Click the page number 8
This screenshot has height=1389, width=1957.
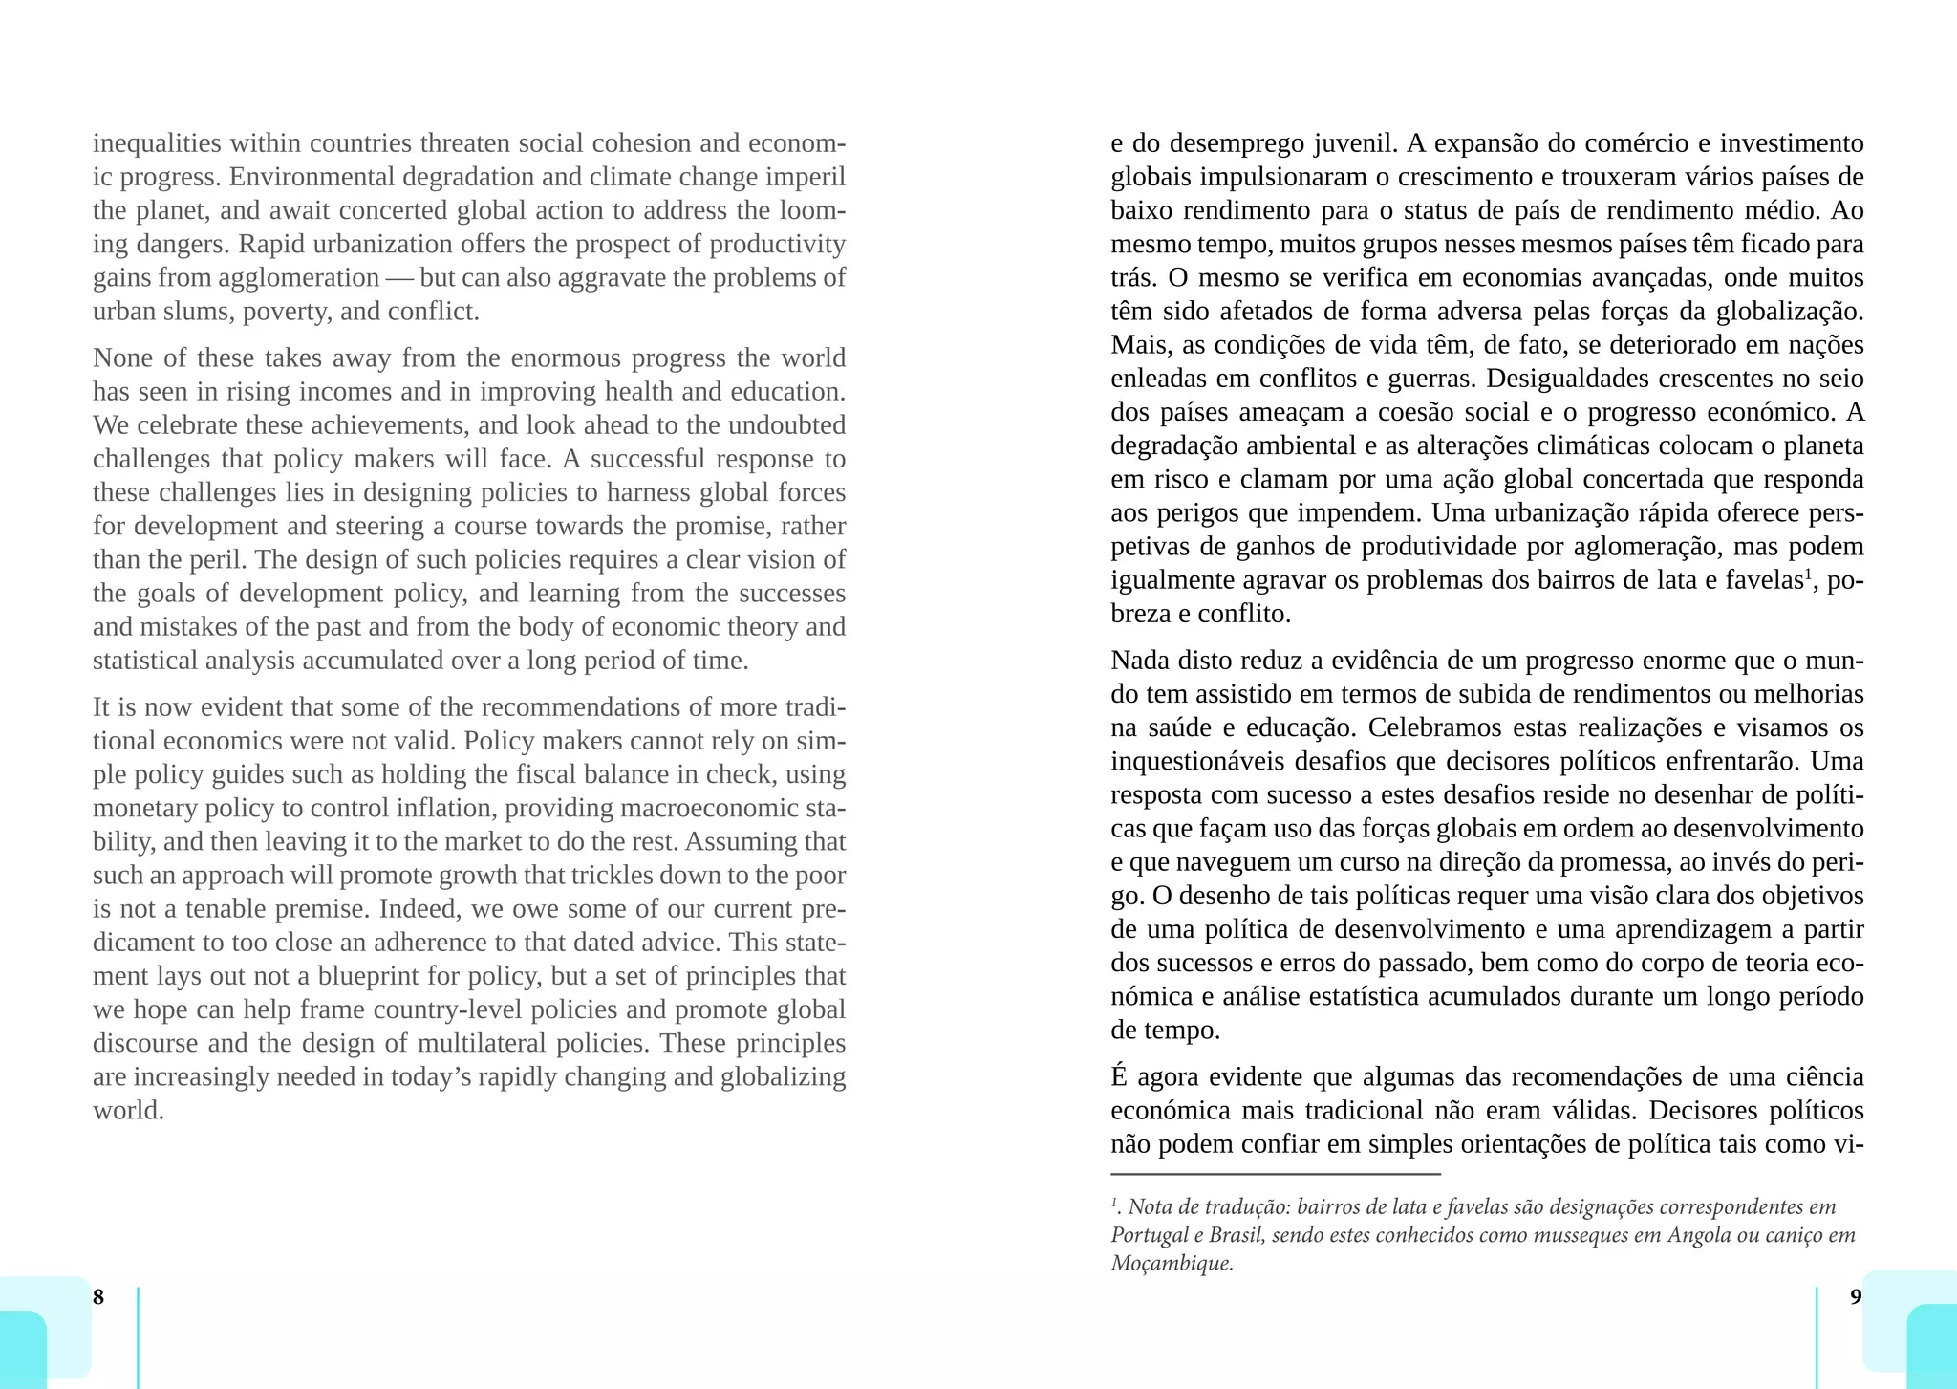pyautogui.click(x=97, y=1297)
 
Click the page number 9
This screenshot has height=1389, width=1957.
pyautogui.click(x=1856, y=1297)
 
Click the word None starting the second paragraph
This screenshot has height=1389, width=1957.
pyautogui.click(x=120, y=358)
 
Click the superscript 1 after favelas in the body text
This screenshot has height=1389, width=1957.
pyautogui.click(x=1807, y=575)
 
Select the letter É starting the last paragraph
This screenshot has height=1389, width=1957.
pyautogui.click(x=1119, y=1076)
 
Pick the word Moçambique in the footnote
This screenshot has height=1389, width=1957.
pyautogui.click(x=1171, y=1264)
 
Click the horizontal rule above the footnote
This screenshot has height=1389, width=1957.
pyautogui.click(x=1275, y=1174)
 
